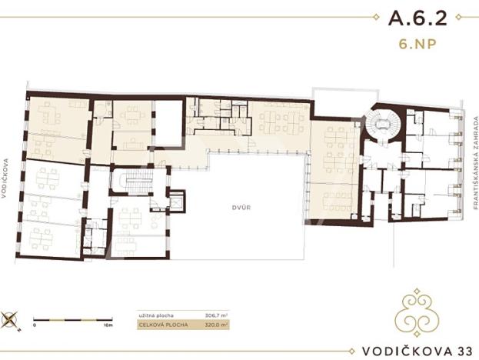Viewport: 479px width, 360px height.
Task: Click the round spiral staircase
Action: click(379, 125)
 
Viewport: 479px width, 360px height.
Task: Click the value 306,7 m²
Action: click(211, 314)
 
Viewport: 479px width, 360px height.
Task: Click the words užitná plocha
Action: click(151, 314)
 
